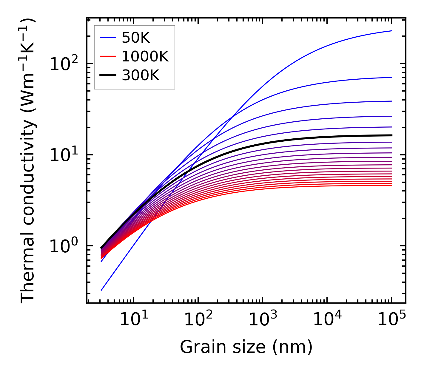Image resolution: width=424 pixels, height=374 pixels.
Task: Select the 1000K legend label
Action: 145,56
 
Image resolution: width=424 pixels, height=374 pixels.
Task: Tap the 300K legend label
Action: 141,75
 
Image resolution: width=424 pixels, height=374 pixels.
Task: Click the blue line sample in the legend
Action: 108,38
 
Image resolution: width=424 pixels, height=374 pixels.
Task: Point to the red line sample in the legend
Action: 108,56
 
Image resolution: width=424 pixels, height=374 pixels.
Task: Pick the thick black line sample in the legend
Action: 108,75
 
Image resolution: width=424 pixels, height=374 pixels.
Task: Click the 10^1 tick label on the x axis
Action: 133,320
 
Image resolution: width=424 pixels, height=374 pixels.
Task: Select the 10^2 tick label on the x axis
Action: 198,320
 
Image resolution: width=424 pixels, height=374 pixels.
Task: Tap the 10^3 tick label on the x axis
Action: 262,320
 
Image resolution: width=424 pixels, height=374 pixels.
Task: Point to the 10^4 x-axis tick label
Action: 327,320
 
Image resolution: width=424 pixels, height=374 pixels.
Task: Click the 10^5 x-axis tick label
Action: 391,320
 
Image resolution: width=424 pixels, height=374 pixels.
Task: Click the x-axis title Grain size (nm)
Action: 246,347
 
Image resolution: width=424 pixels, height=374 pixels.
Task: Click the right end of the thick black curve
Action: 391,135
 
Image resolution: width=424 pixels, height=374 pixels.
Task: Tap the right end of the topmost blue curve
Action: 391,31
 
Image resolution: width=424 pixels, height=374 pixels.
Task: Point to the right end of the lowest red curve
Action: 391,186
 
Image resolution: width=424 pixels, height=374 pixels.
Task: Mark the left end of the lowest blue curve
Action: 101,290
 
